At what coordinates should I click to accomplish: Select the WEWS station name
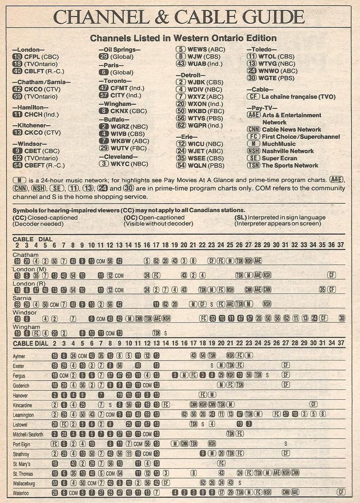pyautogui.click(x=197, y=49)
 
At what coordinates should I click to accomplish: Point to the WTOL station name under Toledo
pyautogui.click(x=268, y=57)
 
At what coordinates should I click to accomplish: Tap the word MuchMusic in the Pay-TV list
pyautogui.click(x=279, y=144)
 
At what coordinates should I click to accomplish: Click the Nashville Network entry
pyautogui.click(x=287, y=151)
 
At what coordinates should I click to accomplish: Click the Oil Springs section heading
pyautogui.click(x=120, y=50)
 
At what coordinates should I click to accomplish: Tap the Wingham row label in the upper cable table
pyautogui.click(x=26, y=327)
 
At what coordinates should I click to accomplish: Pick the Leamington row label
pyautogui.click(x=23, y=415)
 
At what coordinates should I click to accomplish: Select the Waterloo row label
pyautogui.click(x=21, y=493)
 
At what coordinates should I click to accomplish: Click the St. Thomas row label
pyautogui.click(x=23, y=474)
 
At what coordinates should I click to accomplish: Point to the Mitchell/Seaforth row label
pyautogui.click(x=28, y=435)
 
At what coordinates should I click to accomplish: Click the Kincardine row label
pyautogui.click(x=22, y=405)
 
